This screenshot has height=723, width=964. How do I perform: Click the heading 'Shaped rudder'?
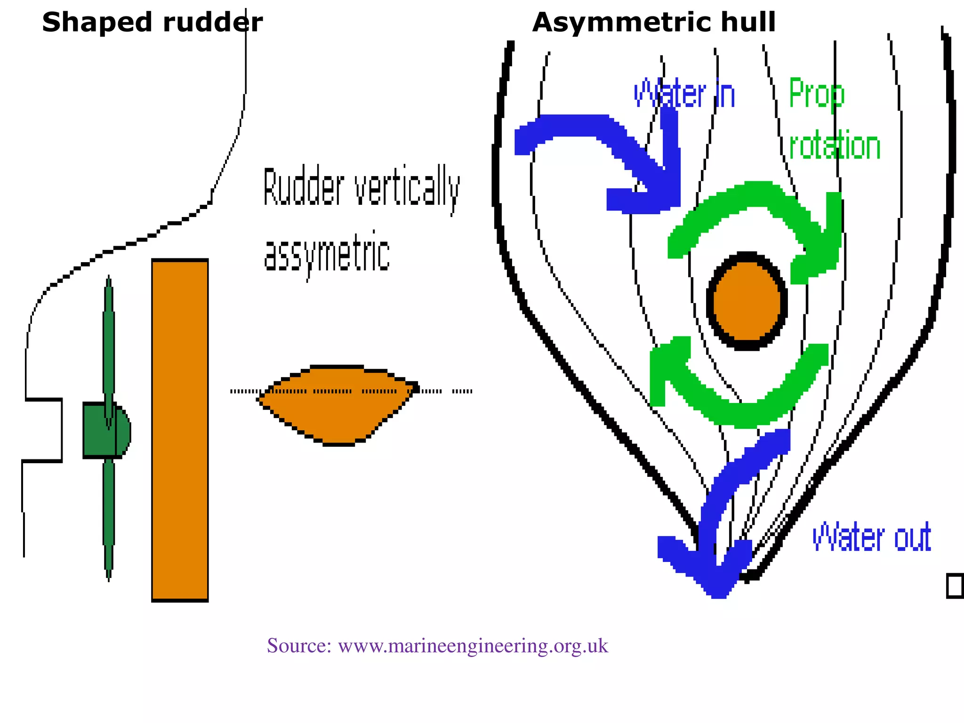pos(152,23)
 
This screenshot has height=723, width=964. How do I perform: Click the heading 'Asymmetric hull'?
pos(654,23)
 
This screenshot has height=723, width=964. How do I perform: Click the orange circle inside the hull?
pos(747,301)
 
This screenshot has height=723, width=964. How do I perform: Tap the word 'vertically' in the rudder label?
pos(407,188)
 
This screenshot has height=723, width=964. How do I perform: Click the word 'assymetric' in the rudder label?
pos(327,254)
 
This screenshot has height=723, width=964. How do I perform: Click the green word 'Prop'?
pos(817,94)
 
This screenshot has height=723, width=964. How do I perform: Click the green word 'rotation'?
pos(835,146)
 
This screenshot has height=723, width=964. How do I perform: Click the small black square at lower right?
pos(955,586)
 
